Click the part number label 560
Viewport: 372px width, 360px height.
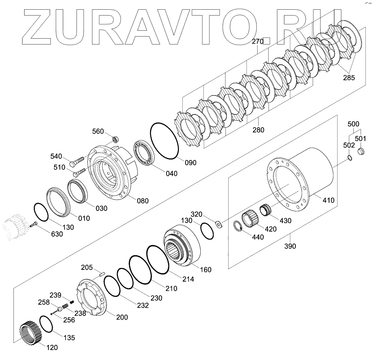tap(98, 131)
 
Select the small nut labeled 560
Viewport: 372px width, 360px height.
tap(115, 139)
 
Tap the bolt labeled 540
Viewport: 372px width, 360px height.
tap(77, 161)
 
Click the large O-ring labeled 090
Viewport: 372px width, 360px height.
tap(164, 141)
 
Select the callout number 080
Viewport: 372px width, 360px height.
tap(143, 201)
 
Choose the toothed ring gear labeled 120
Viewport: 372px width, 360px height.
tap(31, 332)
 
